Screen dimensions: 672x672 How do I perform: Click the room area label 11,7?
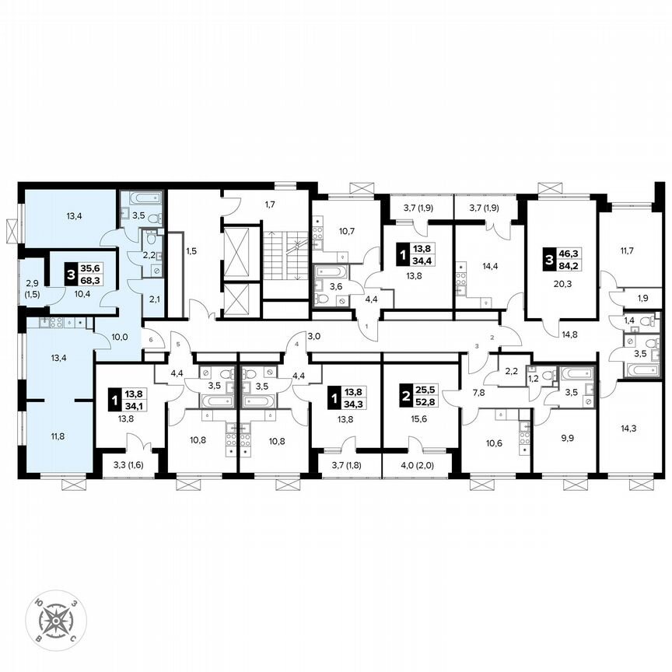pyautogui.click(x=627, y=251)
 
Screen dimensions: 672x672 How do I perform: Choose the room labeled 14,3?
pyautogui.click(x=627, y=427)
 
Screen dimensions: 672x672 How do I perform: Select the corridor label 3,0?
pyautogui.click(x=313, y=337)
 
